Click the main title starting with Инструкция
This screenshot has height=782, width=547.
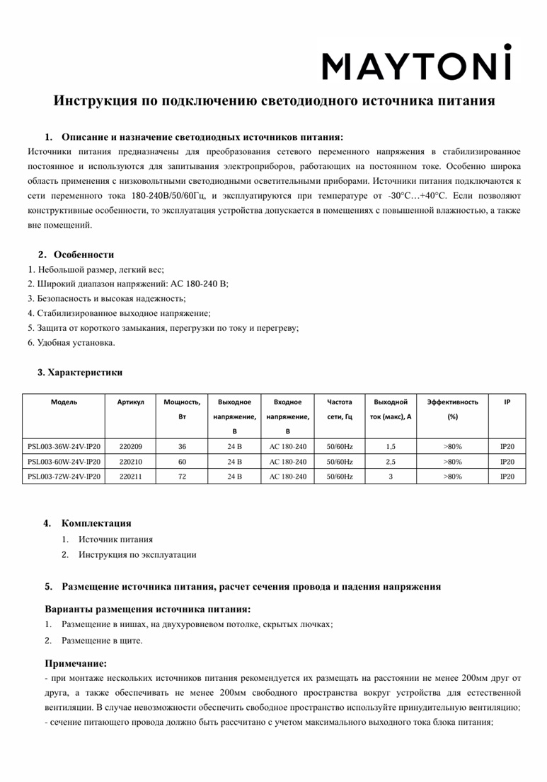[274, 101]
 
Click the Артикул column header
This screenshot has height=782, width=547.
[131, 402]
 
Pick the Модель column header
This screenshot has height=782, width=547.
[64, 402]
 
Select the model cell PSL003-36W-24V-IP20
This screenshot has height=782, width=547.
[64, 447]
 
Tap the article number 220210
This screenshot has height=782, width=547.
[131, 462]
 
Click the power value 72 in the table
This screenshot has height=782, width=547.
[182, 477]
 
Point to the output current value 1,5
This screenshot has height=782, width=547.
[391, 447]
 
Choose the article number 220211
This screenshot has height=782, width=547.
[131, 477]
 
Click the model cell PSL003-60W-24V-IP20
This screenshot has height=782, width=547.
[64, 462]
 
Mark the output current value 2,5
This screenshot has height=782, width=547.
[391, 462]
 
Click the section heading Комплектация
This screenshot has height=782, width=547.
[96, 524]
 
